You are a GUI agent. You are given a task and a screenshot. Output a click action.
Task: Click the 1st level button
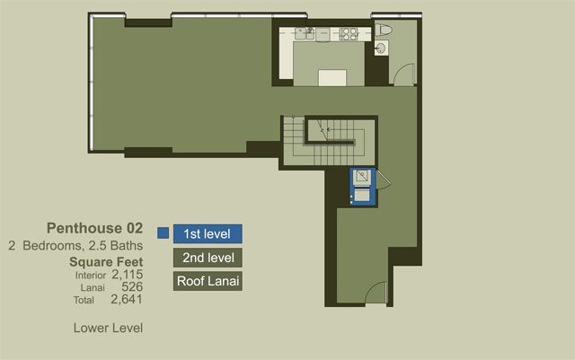pos(208,234)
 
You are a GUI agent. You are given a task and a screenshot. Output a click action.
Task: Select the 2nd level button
pos(208,258)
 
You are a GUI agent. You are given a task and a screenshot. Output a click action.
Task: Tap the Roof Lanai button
pos(208,281)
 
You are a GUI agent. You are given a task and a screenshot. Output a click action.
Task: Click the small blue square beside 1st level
pos(164,233)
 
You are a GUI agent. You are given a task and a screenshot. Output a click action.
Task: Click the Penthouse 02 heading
pos(94,228)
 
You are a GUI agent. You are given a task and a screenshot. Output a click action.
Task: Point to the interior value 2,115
pos(127,274)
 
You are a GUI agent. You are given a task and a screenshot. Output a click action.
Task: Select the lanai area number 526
pos(132,286)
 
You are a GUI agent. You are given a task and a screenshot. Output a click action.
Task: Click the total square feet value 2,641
pos(127,299)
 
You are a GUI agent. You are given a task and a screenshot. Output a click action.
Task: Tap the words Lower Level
pos(108,328)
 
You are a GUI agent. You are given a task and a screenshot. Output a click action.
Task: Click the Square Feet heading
pos(106,262)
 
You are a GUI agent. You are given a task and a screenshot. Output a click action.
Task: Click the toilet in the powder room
pos(384,30)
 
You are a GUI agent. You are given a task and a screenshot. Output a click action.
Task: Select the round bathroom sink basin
pos(381,48)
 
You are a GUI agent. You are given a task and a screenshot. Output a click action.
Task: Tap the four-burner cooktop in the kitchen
pos(349,34)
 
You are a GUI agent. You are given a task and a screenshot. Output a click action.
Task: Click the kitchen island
pos(332,78)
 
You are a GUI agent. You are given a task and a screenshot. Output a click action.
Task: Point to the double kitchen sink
pos(305,34)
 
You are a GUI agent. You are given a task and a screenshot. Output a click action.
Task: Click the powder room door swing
pos(404,75)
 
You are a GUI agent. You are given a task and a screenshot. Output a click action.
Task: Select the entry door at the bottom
pos(376,293)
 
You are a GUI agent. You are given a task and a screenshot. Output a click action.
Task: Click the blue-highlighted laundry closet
pos(362,187)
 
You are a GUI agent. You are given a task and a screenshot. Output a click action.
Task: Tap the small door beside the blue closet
pos(384,180)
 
